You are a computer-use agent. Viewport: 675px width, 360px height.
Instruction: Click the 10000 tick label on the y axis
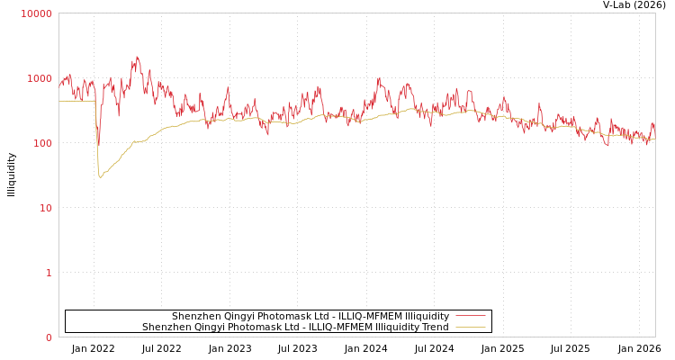(36, 13)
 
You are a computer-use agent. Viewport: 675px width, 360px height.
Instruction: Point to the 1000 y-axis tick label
(40, 78)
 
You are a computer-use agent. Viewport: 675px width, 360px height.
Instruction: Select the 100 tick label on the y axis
(43, 143)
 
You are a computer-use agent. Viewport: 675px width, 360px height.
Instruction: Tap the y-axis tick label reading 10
(46, 208)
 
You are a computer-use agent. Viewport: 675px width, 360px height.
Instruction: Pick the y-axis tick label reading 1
(49, 273)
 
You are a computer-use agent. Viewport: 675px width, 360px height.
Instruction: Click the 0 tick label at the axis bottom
(49, 337)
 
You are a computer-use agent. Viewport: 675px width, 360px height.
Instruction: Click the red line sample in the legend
(470, 316)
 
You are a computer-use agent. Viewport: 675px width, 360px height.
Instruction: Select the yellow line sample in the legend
(470, 327)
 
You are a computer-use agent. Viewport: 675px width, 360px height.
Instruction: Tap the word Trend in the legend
(434, 327)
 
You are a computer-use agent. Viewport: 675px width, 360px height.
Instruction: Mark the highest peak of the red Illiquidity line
(137, 57)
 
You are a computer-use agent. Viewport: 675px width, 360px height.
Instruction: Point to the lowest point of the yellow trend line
(101, 176)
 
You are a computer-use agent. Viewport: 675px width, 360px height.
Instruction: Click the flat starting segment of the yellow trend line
(76, 101)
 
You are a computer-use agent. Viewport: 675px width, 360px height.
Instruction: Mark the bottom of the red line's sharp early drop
(98, 147)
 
